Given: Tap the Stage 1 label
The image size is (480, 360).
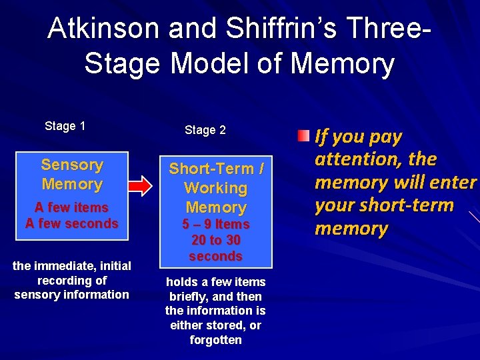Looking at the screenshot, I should tap(65, 126).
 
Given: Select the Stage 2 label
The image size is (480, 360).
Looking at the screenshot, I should tap(205, 130).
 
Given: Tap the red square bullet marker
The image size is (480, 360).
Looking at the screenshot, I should tap(304, 137).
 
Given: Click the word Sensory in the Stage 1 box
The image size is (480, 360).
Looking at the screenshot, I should tap(72, 165).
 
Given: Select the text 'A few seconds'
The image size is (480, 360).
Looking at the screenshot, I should tap(72, 223).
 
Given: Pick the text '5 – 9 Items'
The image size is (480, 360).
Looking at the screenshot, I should tap(216, 224).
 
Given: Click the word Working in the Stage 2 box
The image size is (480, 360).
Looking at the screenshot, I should tap(215, 188).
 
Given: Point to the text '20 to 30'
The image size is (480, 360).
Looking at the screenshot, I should tap(216, 240).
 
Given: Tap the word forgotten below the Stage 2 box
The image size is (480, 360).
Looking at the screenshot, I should tap(215, 340).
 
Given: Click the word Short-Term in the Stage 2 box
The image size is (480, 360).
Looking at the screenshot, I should tap(211, 169).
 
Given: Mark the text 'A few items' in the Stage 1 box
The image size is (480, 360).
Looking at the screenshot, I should tap(72, 207).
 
